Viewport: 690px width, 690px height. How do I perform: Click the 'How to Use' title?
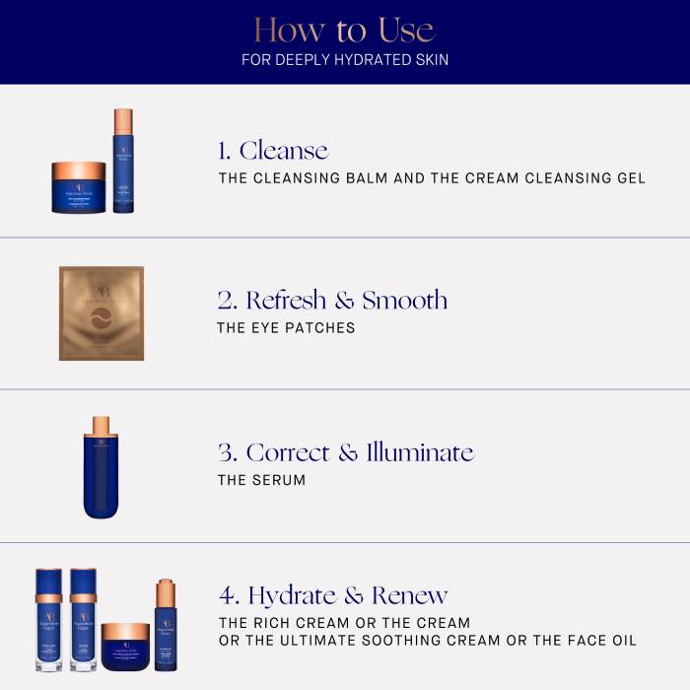tap(345, 29)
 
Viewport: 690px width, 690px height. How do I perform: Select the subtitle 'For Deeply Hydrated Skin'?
tap(345, 60)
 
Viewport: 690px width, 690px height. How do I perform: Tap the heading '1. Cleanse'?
tap(273, 151)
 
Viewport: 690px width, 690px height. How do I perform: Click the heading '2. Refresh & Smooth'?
tap(332, 301)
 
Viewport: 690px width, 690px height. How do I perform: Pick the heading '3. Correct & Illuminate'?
tap(345, 452)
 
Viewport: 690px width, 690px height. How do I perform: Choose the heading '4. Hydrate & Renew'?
tap(333, 595)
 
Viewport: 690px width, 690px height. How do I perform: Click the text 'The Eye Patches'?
tap(286, 328)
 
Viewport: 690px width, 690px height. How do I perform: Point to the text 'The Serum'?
tap(261, 480)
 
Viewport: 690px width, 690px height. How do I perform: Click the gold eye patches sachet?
tap(102, 313)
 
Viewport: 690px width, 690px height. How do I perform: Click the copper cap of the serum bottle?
tap(101, 426)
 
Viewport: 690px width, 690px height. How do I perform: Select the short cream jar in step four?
tap(125, 647)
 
